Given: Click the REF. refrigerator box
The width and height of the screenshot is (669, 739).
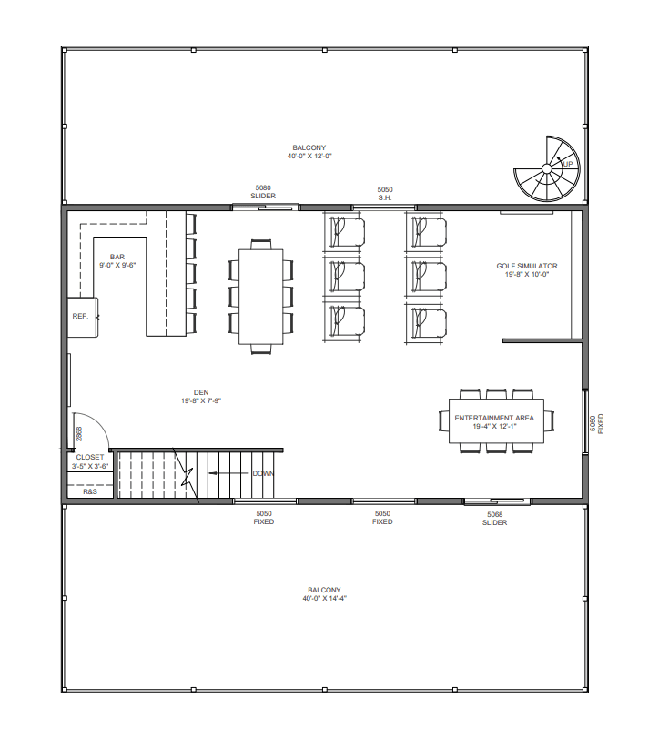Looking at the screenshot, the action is [83, 318].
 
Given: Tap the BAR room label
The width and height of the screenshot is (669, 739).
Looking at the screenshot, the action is [117, 257].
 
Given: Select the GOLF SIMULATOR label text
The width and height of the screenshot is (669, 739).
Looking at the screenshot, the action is [527, 266].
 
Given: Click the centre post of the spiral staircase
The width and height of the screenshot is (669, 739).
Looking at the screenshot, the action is [547, 168].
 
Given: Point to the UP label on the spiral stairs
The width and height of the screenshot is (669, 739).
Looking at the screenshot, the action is [568, 164].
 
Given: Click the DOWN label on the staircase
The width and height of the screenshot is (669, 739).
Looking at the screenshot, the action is [263, 473].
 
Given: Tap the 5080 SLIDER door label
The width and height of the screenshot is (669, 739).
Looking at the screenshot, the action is [263, 192].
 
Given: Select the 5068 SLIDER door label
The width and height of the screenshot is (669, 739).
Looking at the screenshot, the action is [494, 519].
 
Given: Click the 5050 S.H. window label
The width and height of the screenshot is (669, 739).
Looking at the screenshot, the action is [385, 194].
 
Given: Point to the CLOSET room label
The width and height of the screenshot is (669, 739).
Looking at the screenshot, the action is [89, 457].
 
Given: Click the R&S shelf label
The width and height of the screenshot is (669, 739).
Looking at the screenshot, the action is [90, 491].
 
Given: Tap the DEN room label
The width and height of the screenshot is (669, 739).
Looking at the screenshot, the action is [201, 392].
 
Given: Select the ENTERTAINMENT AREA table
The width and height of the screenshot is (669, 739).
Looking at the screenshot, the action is [496, 420].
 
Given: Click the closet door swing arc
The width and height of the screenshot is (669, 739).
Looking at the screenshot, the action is [102, 424].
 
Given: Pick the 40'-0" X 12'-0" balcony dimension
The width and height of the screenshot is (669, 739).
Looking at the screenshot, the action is [309, 156].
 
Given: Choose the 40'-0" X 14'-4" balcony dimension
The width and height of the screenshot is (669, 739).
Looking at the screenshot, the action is [325, 599].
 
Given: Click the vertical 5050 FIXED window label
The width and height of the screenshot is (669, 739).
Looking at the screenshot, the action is [596, 424].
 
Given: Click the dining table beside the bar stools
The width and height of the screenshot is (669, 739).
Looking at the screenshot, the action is [260, 297].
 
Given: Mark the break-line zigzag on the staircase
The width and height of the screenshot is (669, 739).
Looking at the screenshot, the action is [187, 476].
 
